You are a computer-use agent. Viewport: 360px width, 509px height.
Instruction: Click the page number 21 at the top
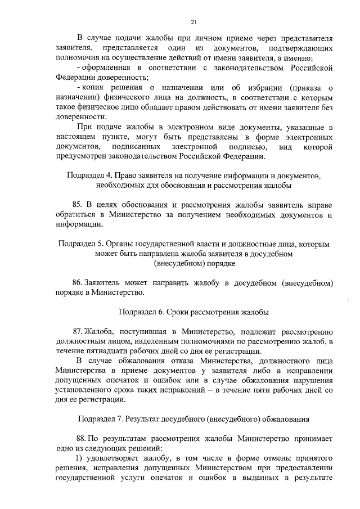193,22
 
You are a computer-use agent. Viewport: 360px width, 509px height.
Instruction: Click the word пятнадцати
100,350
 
